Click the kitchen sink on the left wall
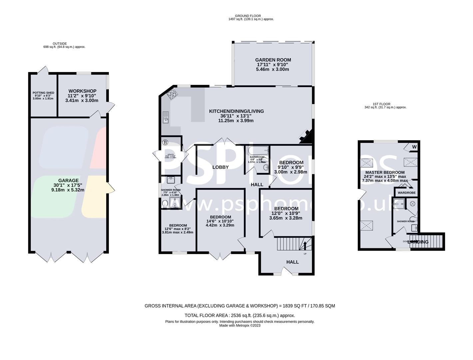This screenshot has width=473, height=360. [x=166, y=117]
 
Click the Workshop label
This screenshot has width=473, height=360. [x=82, y=91]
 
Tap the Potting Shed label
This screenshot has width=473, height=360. [x=43, y=93]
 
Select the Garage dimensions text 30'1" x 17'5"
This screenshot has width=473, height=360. [x=68, y=185]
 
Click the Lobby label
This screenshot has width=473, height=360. [x=221, y=167]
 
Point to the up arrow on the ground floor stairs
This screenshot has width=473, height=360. [x=304, y=246]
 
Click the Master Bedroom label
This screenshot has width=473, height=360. [x=385, y=172]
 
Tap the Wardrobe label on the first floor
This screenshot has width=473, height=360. [x=407, y=193]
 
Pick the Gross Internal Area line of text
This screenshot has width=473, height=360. [x=239, y=306]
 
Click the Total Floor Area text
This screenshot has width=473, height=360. [x=239, y=315]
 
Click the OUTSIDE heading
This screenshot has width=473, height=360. [x=60, y=44]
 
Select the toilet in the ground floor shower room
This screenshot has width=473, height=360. [x=165, y=203]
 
